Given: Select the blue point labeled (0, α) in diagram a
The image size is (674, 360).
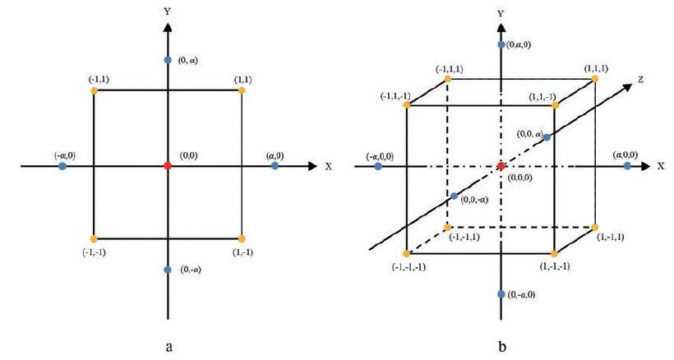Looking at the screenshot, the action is (168, 60).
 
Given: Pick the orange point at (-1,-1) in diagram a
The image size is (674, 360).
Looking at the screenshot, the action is (95, 238).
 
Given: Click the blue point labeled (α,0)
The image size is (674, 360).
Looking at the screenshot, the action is (275, 166).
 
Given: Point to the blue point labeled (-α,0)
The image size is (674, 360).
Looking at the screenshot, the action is (62, 166).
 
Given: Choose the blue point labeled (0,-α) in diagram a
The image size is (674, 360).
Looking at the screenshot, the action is (168, 270).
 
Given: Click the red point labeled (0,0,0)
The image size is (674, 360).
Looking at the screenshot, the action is (501, 166).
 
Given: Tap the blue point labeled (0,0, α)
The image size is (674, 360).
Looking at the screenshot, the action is (547, 136).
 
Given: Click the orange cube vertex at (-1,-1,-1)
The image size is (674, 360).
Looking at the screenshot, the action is (407, 253).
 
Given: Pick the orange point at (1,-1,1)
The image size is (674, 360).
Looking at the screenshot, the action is (593, 225).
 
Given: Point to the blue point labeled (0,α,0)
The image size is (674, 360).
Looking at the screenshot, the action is (501, 44).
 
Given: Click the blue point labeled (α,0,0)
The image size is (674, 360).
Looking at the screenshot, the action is (627, 166).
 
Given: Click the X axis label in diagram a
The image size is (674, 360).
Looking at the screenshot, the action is (329, 166).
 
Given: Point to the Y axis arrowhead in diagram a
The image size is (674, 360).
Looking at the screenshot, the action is (168, 26).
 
